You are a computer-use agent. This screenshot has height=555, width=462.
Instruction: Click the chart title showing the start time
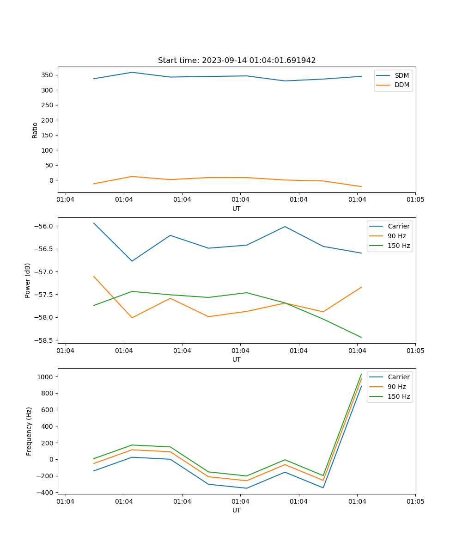pos(237,61)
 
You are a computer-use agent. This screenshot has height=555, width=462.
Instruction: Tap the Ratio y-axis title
pos(35,130)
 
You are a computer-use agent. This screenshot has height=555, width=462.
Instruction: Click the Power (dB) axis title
pos(28,280)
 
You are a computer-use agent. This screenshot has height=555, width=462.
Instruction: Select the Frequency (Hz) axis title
pos(29,431)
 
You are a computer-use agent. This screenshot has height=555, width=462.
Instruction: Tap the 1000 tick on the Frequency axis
pos(47,377)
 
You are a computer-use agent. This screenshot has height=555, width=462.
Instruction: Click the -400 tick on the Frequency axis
pos(46,493)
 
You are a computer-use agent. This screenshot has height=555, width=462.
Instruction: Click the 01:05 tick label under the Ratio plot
pos(415,200)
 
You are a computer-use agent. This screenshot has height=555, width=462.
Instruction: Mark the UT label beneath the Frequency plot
pos(237,510)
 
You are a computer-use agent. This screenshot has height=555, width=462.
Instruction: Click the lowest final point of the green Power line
pos(361,337)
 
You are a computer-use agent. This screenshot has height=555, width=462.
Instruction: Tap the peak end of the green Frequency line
pos(361,374)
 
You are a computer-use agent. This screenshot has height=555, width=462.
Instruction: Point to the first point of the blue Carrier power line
pos(94,223)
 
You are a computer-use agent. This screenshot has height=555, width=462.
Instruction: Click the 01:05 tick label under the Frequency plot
pos(415,501)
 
